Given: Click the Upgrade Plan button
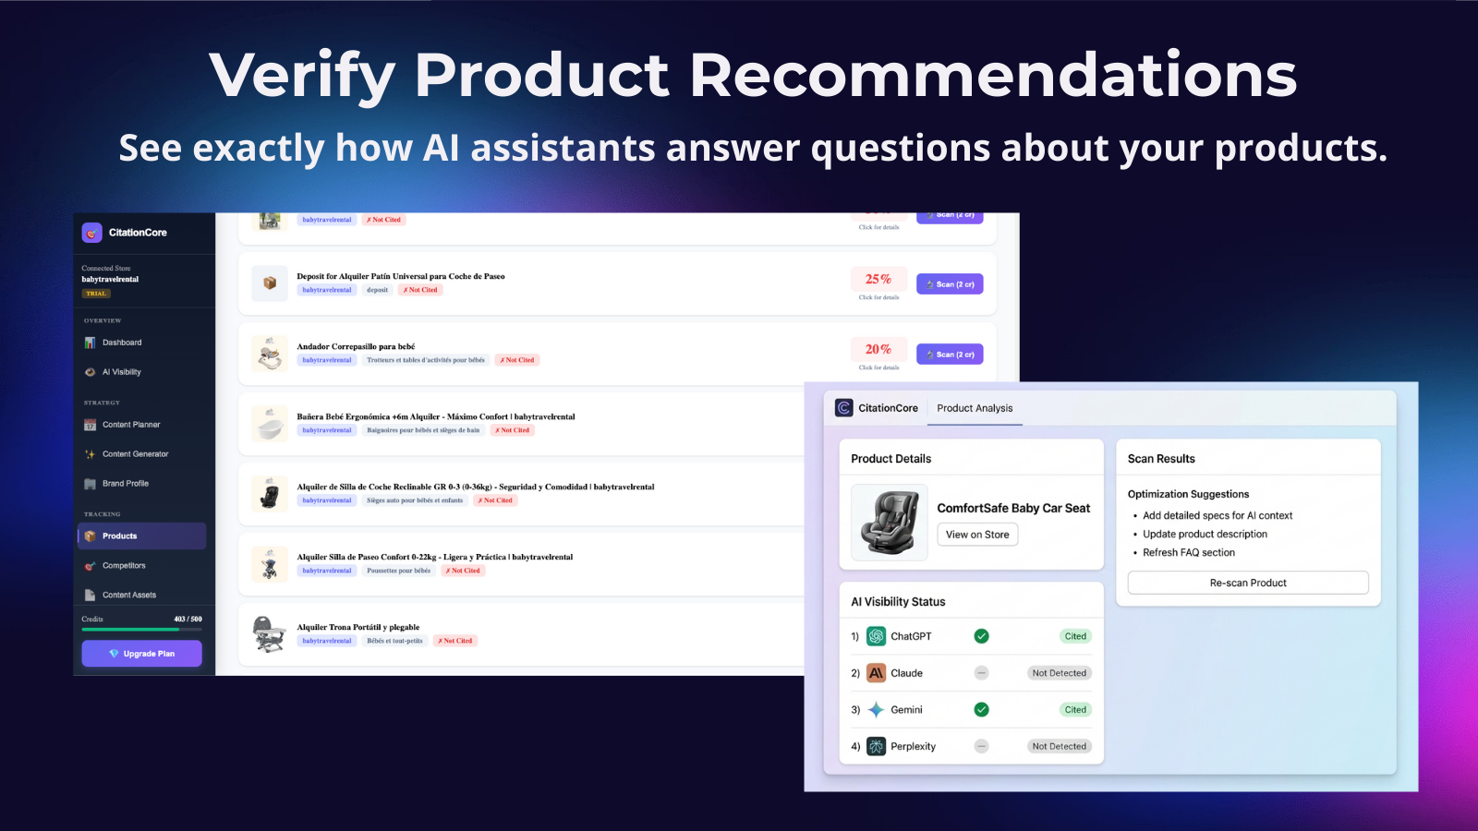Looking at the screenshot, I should point(141,654).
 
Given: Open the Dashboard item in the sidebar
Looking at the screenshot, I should point(122,343).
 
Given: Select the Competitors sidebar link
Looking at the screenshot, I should point(124,566).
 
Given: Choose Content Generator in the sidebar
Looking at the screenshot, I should point(135,454).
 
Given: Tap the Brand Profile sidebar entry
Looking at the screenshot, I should point(125,484).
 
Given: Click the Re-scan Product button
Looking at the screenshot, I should point(1247,583).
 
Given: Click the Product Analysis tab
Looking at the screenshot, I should point(975,408).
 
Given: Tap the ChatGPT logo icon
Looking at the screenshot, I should point(876,636).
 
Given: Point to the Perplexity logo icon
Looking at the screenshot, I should point(876,746).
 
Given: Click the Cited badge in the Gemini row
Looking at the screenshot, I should point(1075,710).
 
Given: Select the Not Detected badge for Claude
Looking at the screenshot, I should point(1059,673).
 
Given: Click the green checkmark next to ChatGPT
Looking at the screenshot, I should point(981,636).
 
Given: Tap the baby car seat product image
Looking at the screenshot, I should point(889,523).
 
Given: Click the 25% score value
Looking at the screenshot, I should point(878,279).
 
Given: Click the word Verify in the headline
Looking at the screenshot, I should point(301,76).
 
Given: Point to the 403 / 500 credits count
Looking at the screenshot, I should point(188,620).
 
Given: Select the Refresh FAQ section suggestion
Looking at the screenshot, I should point(1188,553).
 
